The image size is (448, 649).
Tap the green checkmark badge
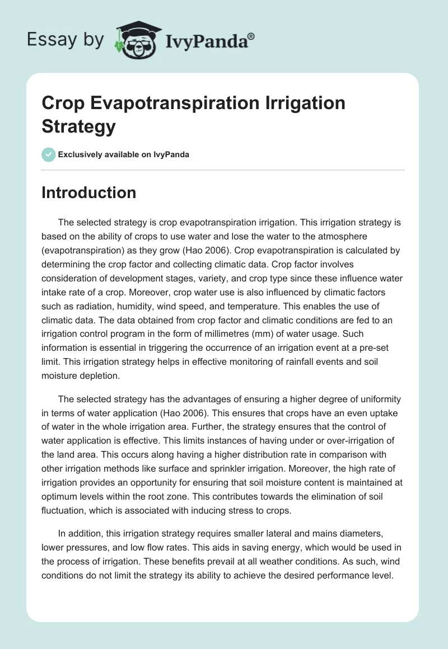[x=49, y=154]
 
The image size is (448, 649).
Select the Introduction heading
[x=88, y=192]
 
